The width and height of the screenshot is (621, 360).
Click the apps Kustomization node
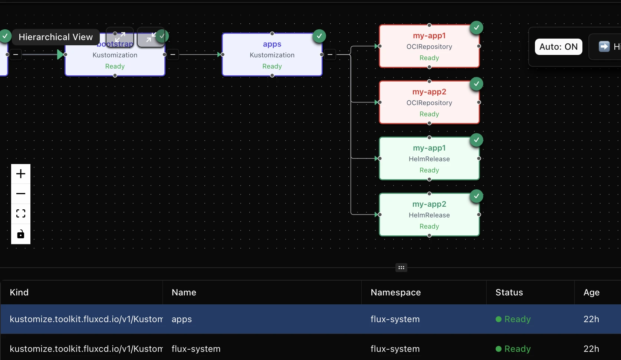pyautogui.click(x=272, y=55)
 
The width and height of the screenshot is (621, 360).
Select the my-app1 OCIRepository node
pyautogui.click(x=429, y=46)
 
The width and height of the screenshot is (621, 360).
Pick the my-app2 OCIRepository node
pyautogui.click(x=429, y=102)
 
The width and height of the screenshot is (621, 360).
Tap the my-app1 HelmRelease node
pyautogui.click(x=429, y=158)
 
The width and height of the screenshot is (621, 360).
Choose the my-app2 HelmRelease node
pyautogui.click(x=429, y=215)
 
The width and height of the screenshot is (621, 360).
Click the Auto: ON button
pyautogui.click(x=558, y=47)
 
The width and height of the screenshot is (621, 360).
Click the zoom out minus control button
pyautogui.click(x=21, y=194)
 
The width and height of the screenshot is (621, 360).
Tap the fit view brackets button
pyautogui.click(x=21, y=213)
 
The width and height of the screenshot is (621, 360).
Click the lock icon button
pyautogui.click(x=21, y=234)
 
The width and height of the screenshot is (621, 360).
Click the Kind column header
pyautogui.click(x=19, y=292)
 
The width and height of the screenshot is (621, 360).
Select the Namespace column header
pyautogui.click(x=395, y=292)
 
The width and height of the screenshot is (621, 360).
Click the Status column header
pyautogui.click(x=509, y=292)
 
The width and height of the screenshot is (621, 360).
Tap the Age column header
pyautogui.click(x=591, y=292)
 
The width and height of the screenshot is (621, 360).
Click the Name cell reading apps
pyautogui.click(x=182, y=319)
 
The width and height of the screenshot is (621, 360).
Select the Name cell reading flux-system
pyautogui.click(x=196, y=349)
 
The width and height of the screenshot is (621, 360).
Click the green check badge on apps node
pyautogui.click(x=319, y=36)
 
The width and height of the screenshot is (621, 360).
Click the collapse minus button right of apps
pyautogui.click(x=330, y=55)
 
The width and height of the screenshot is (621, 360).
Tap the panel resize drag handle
pyautogui.click(x=401, y=268)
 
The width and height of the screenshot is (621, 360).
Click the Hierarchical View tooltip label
pyautogui.click(x=56, y=37)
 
